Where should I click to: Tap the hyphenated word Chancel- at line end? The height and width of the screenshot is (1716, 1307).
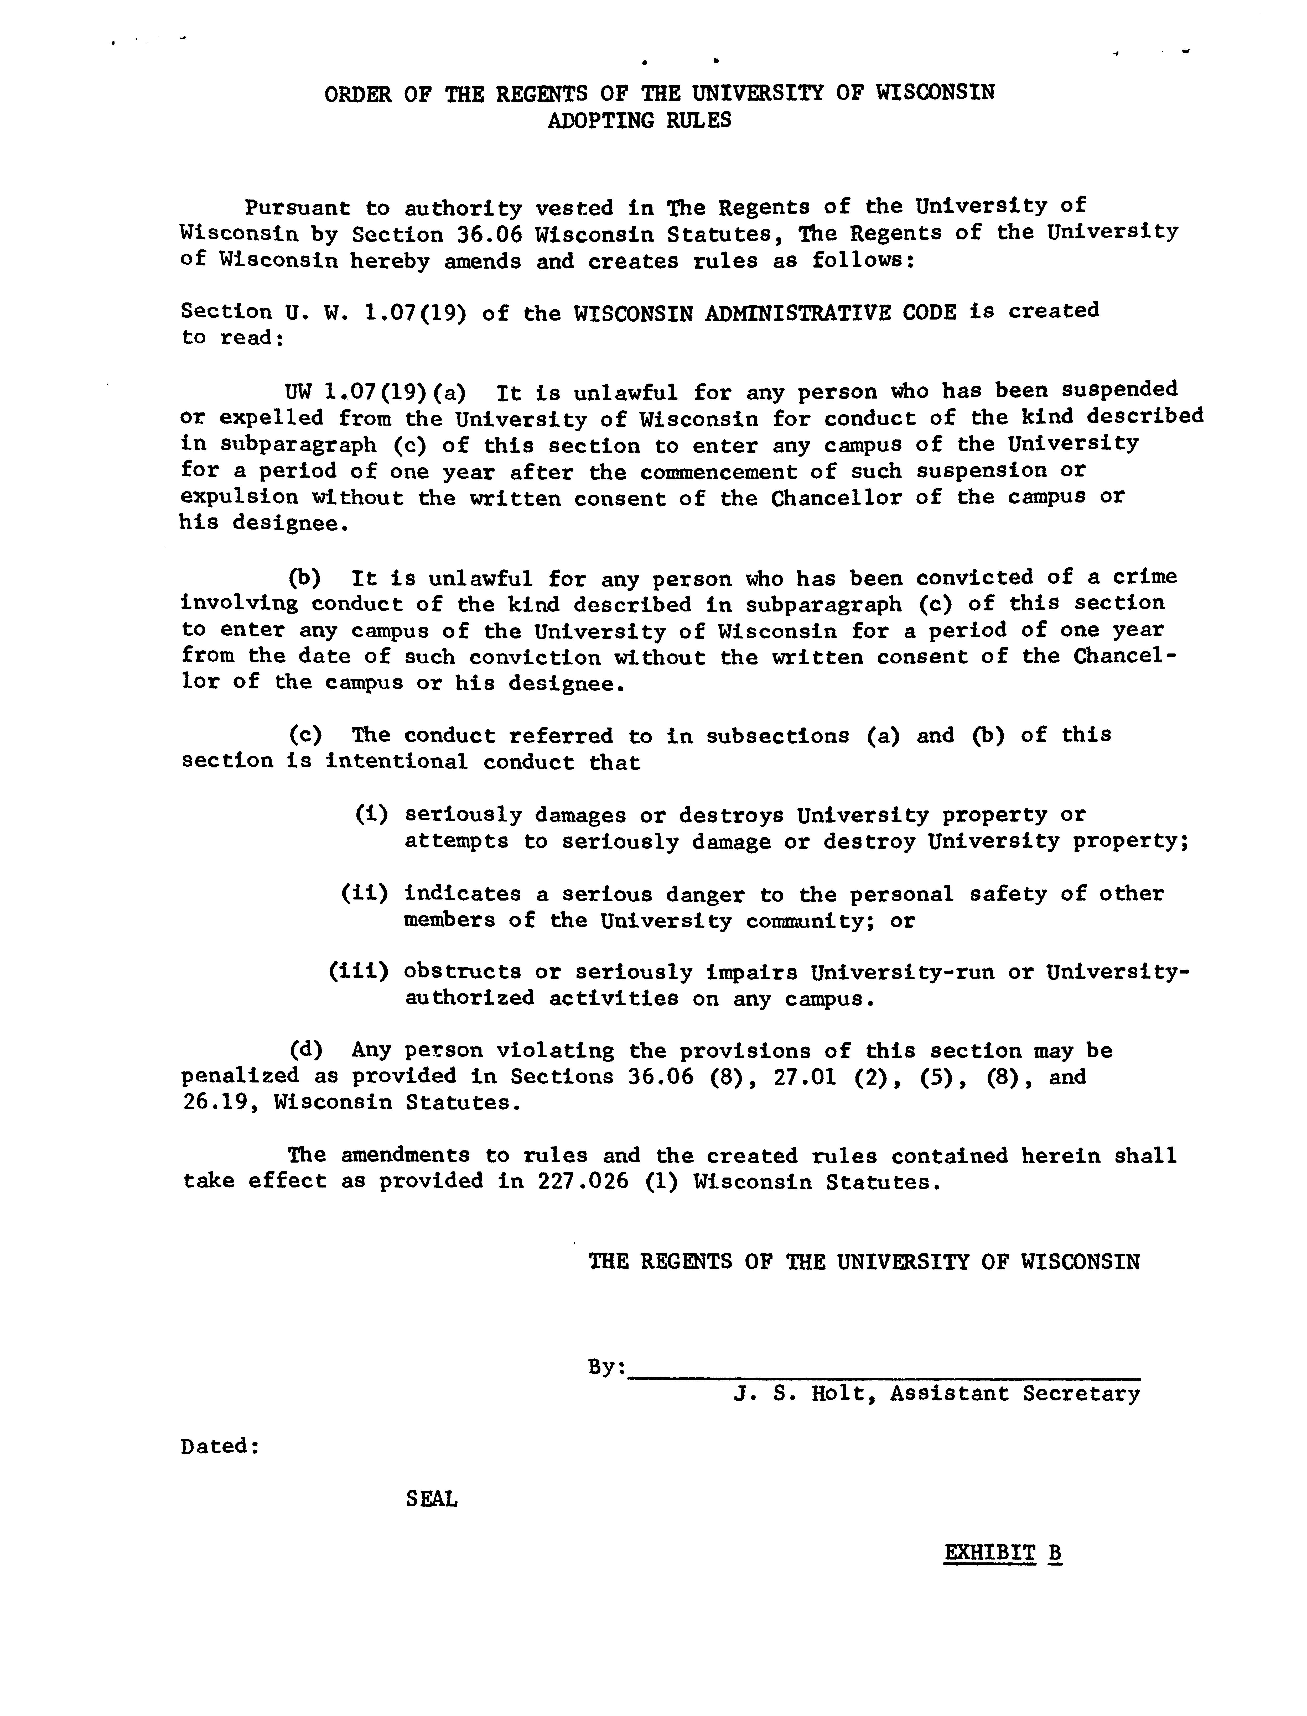(x=1125, y=656)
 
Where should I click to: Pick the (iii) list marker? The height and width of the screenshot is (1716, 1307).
(x=358, y=972)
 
